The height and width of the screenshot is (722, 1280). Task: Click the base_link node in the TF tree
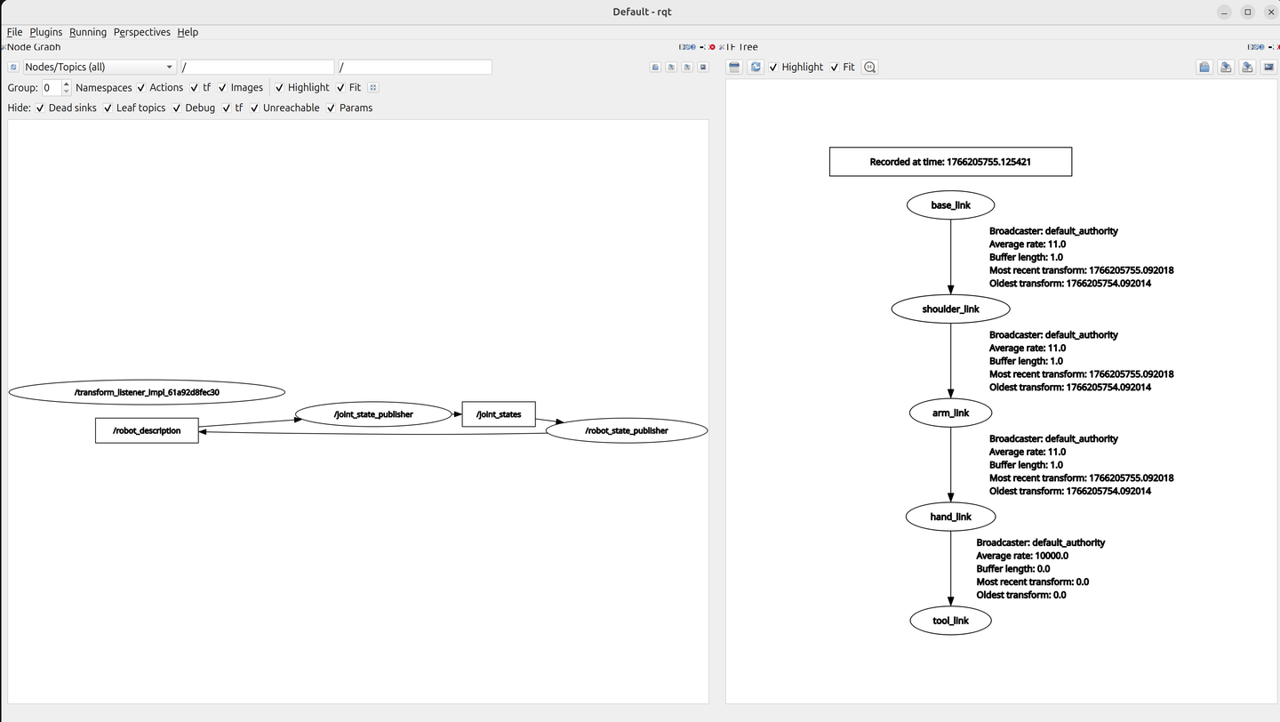tap(950, 205)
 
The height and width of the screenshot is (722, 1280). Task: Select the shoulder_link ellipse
tap(950, 309)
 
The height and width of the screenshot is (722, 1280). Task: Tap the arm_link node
tap(950, 413)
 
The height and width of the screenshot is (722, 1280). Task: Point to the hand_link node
tap(950, 517)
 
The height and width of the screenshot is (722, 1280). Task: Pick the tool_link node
tap(950, 621)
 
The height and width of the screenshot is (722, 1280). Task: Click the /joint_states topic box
tap(499, 414)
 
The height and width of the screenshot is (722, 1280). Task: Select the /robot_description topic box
tap(147, 430)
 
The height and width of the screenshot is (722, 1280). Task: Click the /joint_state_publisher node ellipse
tap(373, 414)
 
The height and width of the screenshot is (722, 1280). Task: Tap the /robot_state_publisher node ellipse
tap(627, 430)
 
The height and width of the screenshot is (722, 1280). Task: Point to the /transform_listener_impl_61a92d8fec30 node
tap(147, 392)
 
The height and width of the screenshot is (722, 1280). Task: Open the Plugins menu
tap(45, 32)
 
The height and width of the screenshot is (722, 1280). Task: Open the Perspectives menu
tap(141, 32)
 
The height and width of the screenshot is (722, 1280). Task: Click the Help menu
tap(188, 32)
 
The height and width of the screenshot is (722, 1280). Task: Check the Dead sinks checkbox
tap(40, 108)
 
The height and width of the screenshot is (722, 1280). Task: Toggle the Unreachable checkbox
tap(254, 108)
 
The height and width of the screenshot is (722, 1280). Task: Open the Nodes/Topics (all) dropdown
tap(100, 67)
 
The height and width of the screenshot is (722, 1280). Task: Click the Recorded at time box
tap(950, 162)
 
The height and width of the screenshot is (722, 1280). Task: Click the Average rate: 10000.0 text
tap(1022, 556)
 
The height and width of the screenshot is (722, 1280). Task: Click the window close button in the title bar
tap(1271, 12)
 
